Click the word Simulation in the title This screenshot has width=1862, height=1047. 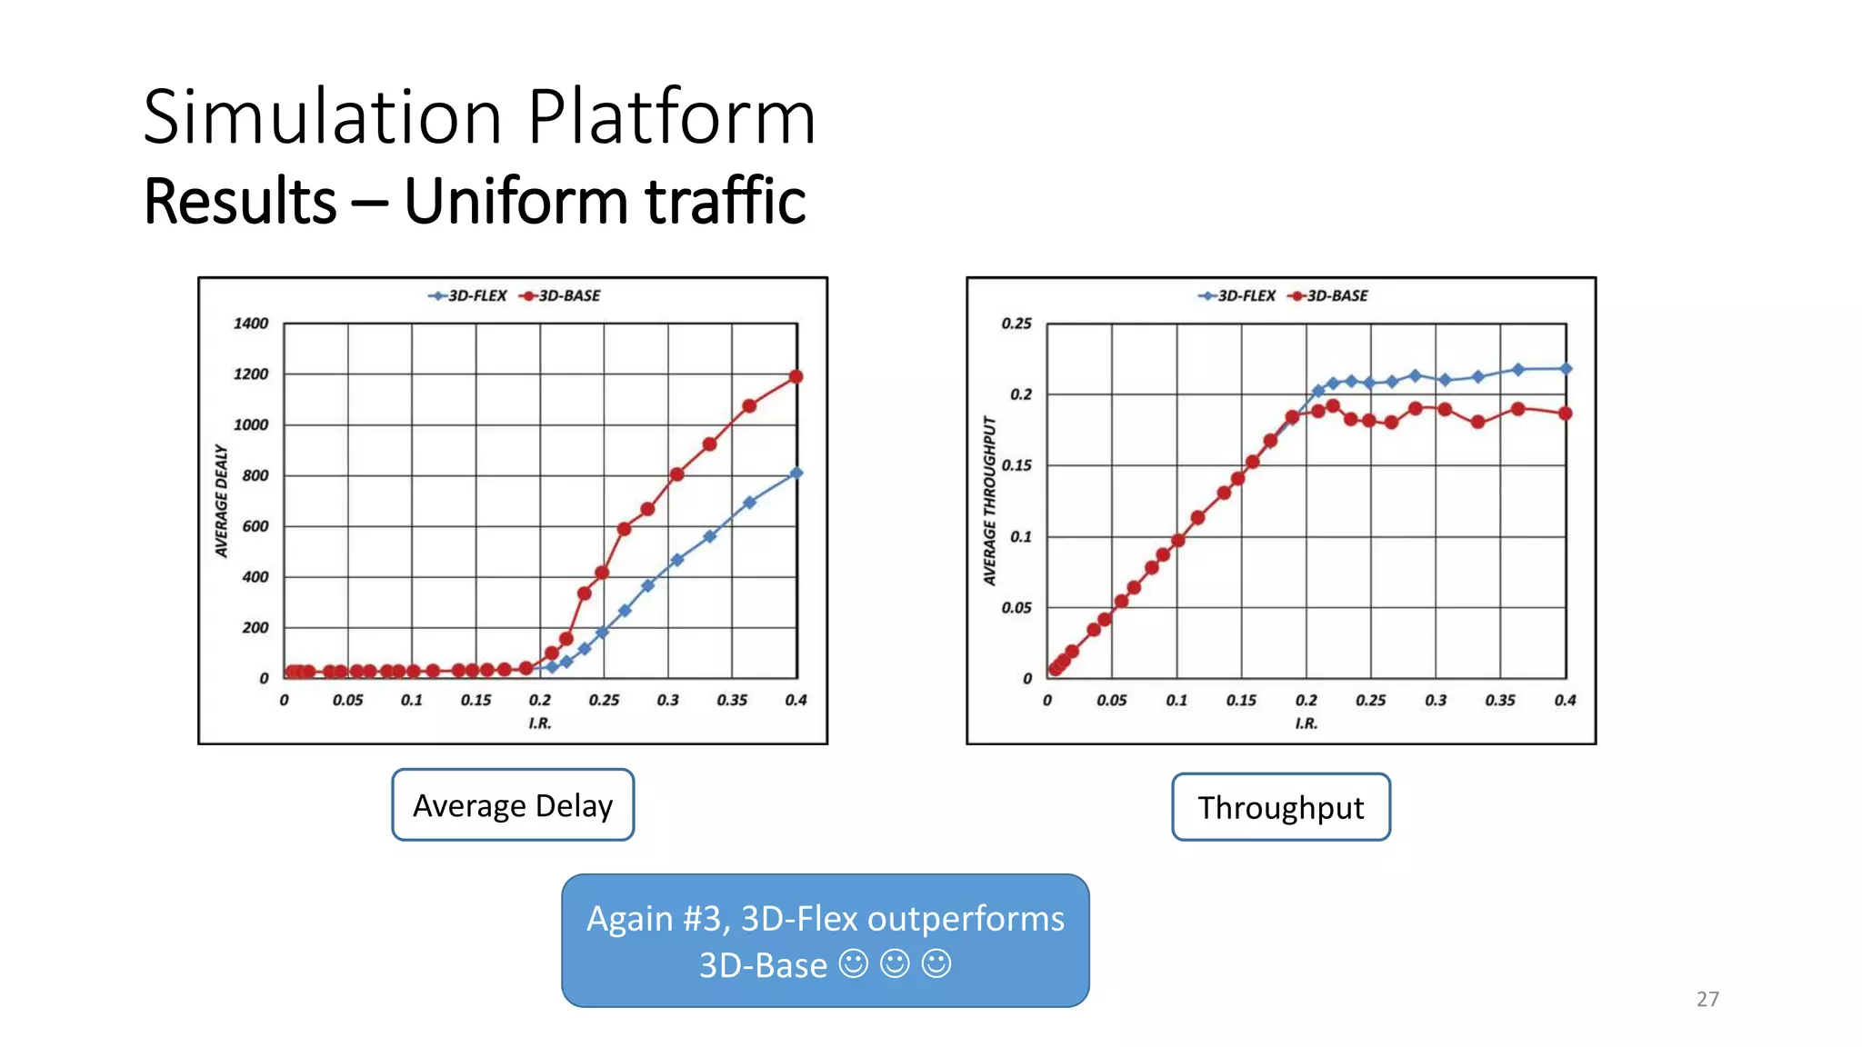tap(323, 117)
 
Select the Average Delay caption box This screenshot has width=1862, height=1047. tap(513, 805)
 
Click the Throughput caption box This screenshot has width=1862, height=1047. tap(1280, 807)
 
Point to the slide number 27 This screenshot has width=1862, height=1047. tap(1707, 999)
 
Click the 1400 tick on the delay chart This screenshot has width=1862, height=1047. tap(251, 324)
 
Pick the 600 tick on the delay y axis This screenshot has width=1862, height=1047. tap(255, 526)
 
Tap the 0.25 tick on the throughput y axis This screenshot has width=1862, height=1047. tap(1016, 324)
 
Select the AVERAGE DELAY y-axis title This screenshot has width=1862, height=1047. tap(222, 501)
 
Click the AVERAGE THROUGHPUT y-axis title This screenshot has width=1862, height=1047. tap(990, 501)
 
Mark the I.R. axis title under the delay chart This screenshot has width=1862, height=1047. tap(540, 723)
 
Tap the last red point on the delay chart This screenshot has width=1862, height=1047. tap(796, 376)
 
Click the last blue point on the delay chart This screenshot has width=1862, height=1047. tap(796, 473)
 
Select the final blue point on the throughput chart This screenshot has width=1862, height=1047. tap(1566, 368)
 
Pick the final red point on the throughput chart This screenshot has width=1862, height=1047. tap(1566, 414)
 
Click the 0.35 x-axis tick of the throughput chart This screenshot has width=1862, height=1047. tap(1500, 700)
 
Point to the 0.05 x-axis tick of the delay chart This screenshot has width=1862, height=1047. tap(347, 700)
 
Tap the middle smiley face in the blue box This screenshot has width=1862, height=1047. tap(895, 963)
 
